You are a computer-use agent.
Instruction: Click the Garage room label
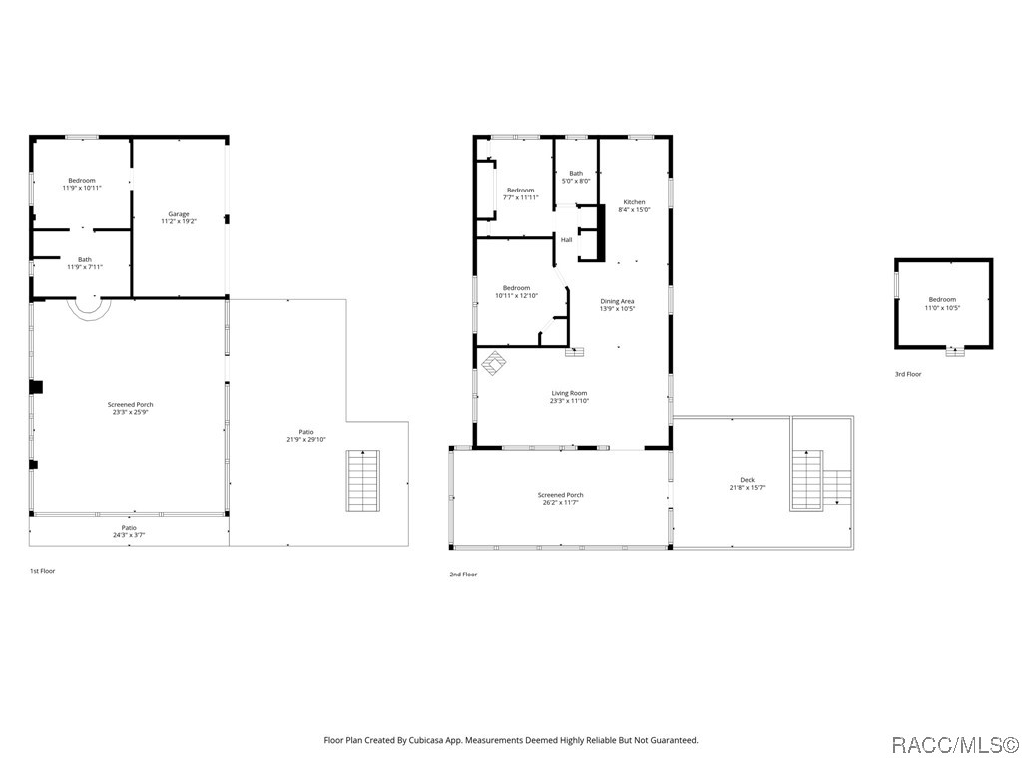pos(179,217)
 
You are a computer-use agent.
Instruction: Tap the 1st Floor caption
pos(42,571)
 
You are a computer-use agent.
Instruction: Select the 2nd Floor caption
pos(463,574)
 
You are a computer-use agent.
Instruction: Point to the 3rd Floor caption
pos(908,374)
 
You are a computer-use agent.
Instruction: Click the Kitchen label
pos(634,205)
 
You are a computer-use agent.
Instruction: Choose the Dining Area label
pos(617,304)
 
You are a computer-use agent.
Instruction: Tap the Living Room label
pos(569,396)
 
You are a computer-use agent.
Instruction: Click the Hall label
pos(566,240)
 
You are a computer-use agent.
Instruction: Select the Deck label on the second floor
pos(747,483)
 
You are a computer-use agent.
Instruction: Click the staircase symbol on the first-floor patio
pos(364,481)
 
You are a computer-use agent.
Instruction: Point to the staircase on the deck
pos(806,479)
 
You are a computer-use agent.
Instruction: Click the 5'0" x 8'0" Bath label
pos(576,177)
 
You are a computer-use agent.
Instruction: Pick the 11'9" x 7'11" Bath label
pos(84,263)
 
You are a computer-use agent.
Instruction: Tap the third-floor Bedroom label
pos(942,303)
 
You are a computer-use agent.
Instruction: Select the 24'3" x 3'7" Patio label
pos(129,531)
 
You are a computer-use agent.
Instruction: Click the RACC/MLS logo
pos(954,744)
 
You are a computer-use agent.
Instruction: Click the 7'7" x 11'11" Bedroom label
pos(520,193)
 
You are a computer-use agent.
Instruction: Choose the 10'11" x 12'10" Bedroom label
pos(516,291)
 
